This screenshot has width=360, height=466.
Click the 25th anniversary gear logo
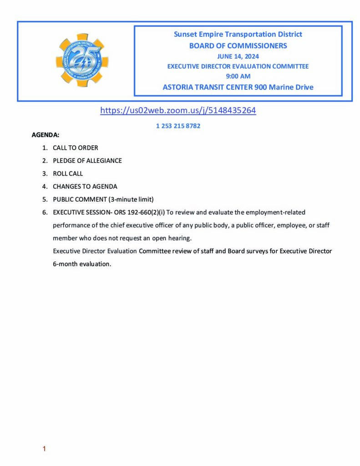[x=82, y=61]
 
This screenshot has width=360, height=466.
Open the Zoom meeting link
[x=178, y=110]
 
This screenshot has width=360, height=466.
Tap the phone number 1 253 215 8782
[x=178, y=126]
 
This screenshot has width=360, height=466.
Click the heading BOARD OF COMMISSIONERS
[x=238, y=46]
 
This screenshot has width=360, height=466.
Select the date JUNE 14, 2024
[x=238, y=56]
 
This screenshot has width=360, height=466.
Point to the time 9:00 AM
[x=238, y=76]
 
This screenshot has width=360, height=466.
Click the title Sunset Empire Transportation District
[x=238, y=35]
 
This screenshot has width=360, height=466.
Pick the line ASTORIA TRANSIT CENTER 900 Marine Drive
[x=238, y=87]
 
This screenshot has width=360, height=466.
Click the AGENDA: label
[x=45, y=135]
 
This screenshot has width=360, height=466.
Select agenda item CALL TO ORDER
[x=75, y=148]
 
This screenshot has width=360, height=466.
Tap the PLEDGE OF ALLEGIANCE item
[x=87, y=161]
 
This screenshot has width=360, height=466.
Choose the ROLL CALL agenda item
[x=68, y=173]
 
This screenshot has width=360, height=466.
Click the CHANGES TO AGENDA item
[x=85, y=187]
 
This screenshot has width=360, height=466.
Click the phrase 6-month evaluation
[x=82, y=263]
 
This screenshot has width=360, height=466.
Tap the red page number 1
[x=44, y=449]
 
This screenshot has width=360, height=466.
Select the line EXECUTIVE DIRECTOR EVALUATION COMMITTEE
[x=238, y=66]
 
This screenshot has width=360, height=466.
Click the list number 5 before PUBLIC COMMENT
[x=45, y=199]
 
